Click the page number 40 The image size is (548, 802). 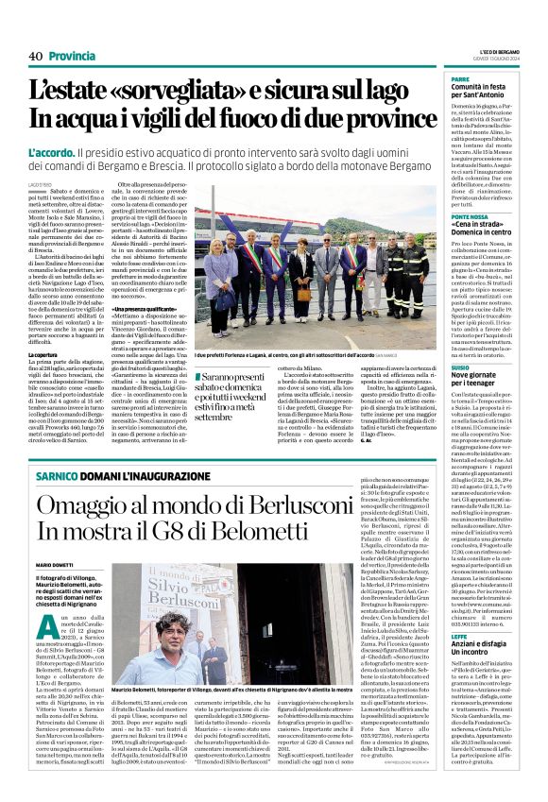click(35, 56)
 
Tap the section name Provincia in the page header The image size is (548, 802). click(72, 56)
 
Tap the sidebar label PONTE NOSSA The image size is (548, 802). click(471, 216)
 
